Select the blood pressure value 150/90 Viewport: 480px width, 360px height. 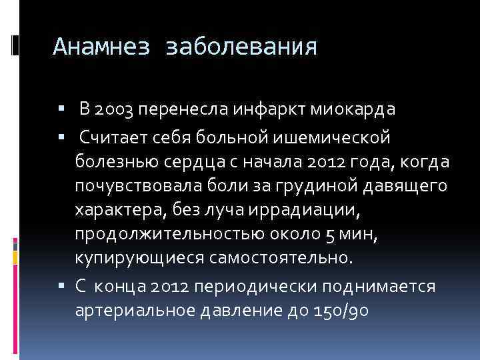tap(339, 311)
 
